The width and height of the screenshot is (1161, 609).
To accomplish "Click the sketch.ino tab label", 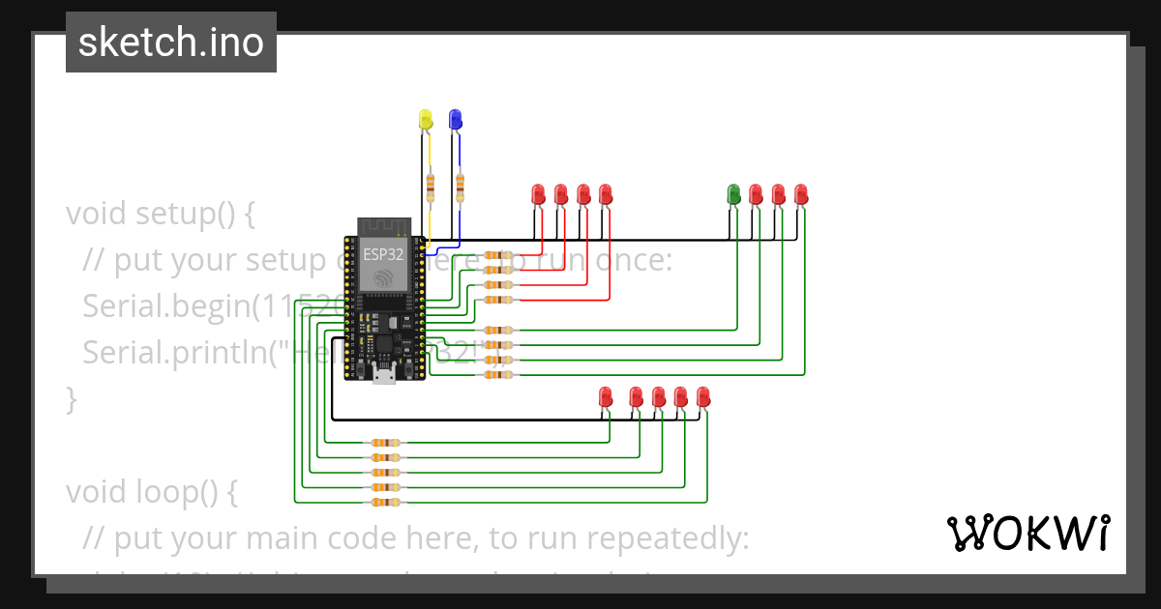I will pyautogui.click(x=170, y=43).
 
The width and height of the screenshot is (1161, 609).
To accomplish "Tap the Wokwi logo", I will pyautogui.click(x=1027, y=533).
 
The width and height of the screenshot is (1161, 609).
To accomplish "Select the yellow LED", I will pyautogui.click(x=426, y=120).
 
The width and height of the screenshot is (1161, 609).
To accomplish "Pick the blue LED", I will pyautogui.click(x=455, y=120).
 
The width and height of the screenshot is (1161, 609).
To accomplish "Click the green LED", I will pyautogui.click(x=733, y=194).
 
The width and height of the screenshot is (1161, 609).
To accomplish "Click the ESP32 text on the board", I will pyautogui.click(x=383, y=255).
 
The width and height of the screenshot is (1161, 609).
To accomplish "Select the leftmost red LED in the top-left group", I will pyautogui.click(x=539, y=194).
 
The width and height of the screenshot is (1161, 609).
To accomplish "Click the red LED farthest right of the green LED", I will pyautogui.click(x=801, y=194).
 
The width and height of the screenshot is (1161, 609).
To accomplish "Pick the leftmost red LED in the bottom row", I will pyautogui.click(x=606, y=396).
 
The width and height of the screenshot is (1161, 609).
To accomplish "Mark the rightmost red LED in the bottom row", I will pyautogui.click(x=703, y=396).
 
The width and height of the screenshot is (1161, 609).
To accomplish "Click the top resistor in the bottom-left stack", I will pyautogui.click(x=384, y=442).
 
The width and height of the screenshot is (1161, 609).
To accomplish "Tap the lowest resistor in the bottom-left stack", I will pyautogui.click(x=384, y=503).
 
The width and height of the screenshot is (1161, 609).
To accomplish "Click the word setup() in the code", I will pyautogui.click(x=194, y=213).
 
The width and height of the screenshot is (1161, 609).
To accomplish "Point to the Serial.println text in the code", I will pyautogui.click(x=174, y=352).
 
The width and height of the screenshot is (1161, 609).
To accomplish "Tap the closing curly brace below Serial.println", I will pyautogui.click(x=71, y=398).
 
